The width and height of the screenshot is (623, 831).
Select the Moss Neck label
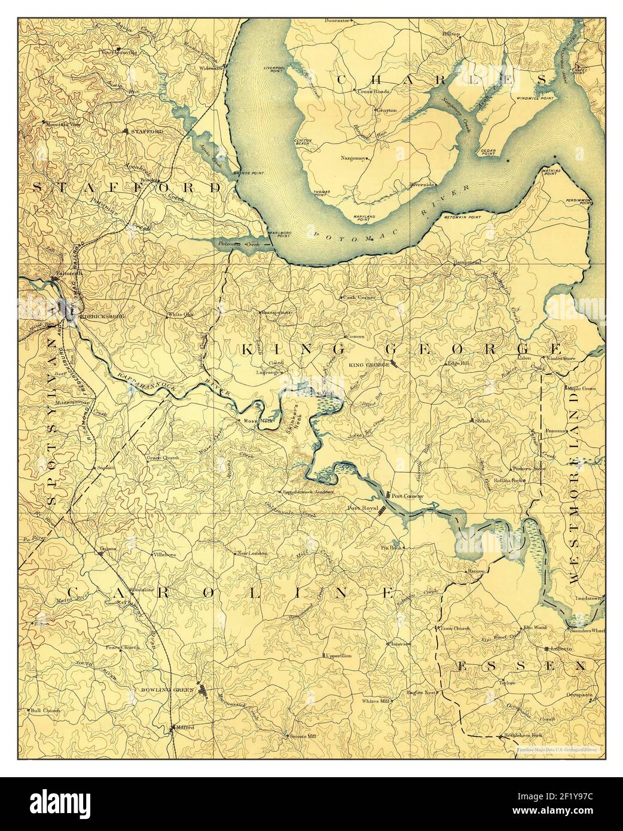[x=258, y=420]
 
